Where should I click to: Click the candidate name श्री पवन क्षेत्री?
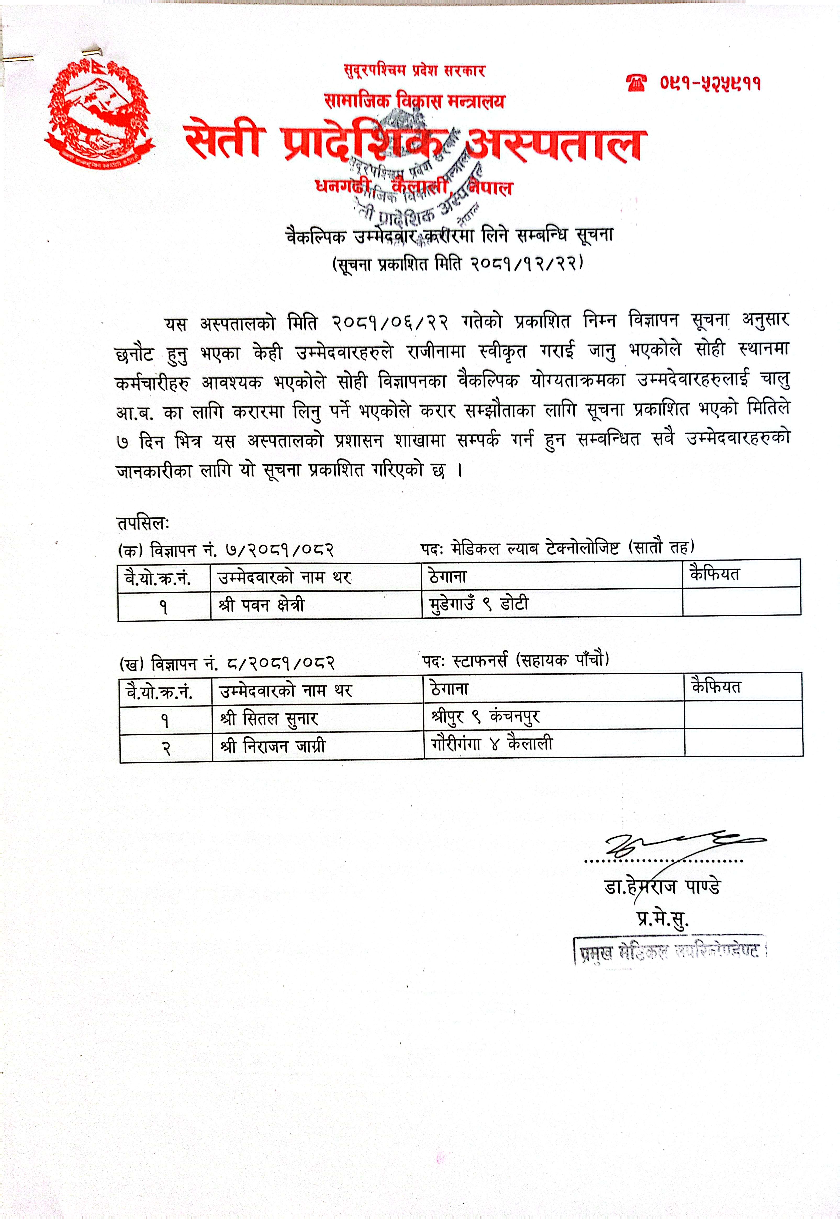click(x=262, y=605)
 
